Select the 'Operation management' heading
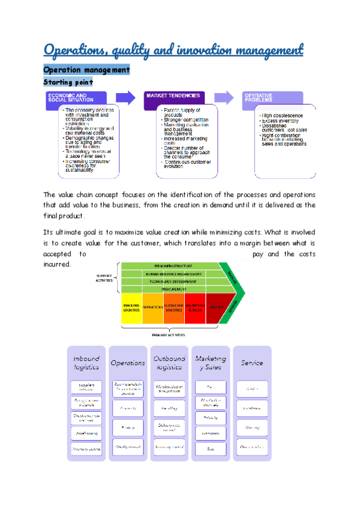[x=86, y=70]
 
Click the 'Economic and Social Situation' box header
[x=76, y=98]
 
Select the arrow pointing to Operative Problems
[x=223, y=97]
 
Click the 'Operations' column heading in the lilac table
[x=128, y=363]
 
